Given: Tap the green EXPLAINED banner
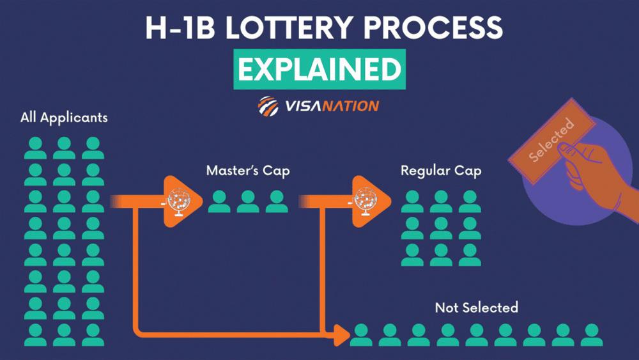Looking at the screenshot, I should [319, 69].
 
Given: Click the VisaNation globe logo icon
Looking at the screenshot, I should [268, 106].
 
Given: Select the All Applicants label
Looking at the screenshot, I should [64, 118].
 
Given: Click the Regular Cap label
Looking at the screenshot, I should [441, 171].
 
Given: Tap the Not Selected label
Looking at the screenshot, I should [476, 308].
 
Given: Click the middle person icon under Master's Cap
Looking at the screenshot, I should [248, 202].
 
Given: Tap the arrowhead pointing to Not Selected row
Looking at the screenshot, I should [344, 333].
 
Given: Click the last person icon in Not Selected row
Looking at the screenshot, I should [591, 334].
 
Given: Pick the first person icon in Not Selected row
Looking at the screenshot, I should [361, 334].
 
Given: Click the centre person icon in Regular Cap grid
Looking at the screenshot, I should [441, 228].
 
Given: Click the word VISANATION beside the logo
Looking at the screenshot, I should [332, 106].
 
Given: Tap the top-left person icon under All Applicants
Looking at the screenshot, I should [36, 148].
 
